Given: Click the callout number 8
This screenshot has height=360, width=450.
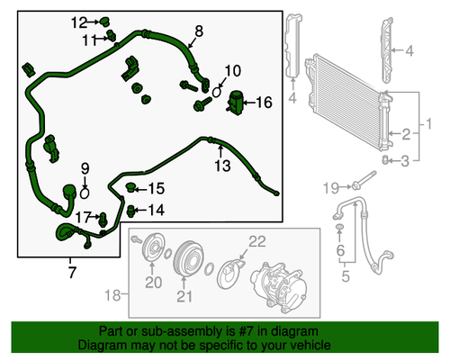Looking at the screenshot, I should click(x=199, y=30).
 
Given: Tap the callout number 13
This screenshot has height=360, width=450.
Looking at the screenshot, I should click(x=222, y=165).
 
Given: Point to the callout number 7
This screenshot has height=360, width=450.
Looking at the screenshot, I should click(x=71, y=269).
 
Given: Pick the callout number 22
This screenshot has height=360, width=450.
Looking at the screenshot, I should click(x=257, y=240).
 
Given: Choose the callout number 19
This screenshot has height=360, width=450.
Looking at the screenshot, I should click(x=331, y=187).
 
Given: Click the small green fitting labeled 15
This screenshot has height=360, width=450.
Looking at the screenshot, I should click(x=132, y=187).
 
